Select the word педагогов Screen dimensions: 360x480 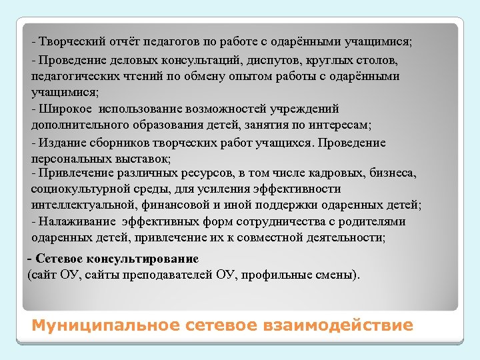[x=167, y=42]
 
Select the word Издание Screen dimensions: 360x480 [x=62, y=143]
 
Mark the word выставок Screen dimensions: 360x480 [x=145, y=159]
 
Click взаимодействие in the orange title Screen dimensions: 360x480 [x=347, y=325]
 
